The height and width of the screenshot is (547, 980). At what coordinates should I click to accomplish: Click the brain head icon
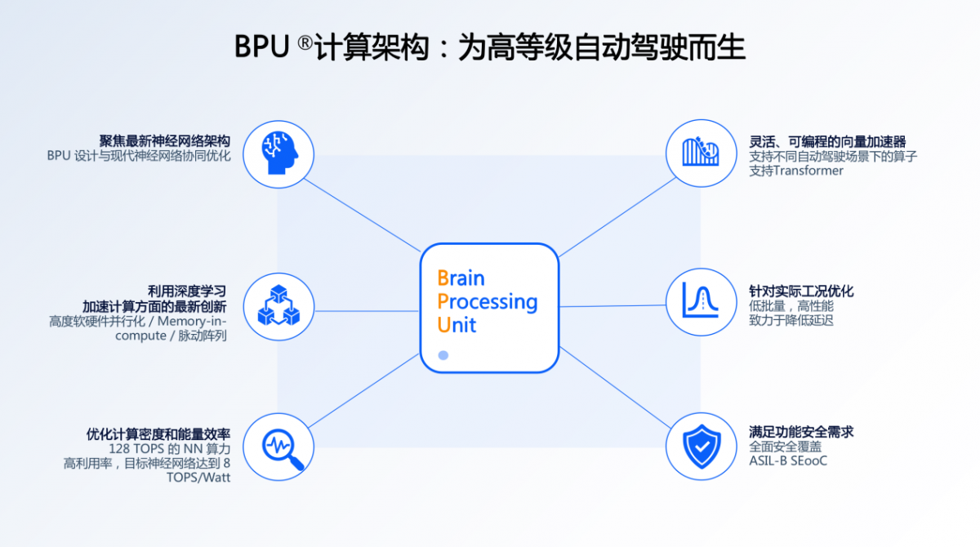[279, 153]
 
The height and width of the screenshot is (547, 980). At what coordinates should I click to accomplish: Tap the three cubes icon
[278, 305]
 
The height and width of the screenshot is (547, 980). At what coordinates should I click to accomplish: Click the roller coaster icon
[701, 151]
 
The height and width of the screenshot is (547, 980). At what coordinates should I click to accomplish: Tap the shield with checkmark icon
[702, 447]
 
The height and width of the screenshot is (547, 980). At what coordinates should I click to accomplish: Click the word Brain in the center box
[461, 278]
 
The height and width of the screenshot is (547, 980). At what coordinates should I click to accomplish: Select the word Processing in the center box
[488, 303]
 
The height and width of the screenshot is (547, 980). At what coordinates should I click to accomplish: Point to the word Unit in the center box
[457, 325]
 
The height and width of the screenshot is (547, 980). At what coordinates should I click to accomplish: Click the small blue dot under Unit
[443, 355]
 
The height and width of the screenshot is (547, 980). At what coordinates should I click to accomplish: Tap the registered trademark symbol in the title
[305, 42]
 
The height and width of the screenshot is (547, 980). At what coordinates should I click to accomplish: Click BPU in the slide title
[261, 47]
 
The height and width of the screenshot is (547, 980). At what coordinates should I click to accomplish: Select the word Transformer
[808, 171]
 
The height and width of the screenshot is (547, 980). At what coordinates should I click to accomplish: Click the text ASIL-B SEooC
[788, 460]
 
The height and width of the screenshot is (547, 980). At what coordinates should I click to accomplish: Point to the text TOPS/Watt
[198, 477]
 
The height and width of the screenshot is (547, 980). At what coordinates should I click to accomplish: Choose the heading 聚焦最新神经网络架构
[164, 140]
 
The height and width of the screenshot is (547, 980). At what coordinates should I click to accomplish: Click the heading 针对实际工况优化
[801, 291]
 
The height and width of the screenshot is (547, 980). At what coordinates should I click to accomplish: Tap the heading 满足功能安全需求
[801, 432]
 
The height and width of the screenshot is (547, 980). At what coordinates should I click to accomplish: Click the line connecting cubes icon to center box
[367, 311]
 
